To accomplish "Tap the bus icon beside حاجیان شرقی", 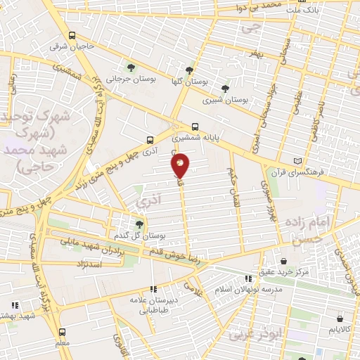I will (x=72, y=35).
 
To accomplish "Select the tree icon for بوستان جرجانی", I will (x=131, y=67).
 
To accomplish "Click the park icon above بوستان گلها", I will (x=189, y=70).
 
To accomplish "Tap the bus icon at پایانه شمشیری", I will (x=195, y=128).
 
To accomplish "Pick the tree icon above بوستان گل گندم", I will (x=139, y=224).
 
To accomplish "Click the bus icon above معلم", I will (x=62, y=331).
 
